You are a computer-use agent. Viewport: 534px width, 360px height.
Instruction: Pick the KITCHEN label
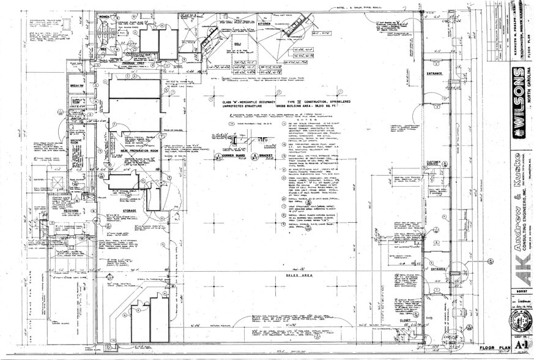click(265, 24)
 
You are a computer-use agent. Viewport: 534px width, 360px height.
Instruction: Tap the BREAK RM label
click(77, 85)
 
